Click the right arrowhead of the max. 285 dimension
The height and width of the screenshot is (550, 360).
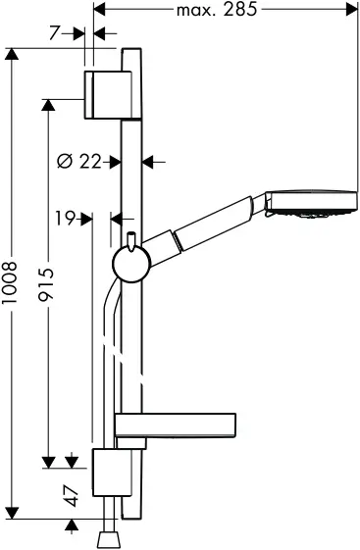[350, 11]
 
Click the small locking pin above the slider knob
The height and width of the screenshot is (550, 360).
[129, 240]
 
